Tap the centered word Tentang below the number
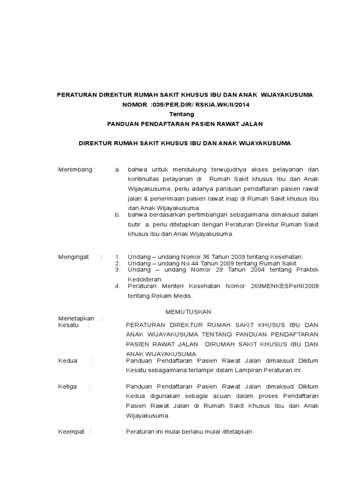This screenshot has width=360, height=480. tap(181, 114)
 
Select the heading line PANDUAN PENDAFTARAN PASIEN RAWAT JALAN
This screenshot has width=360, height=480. tap(185, 124)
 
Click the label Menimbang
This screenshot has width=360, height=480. tap(76, 169)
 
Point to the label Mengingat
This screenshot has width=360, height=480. tap(73, 257)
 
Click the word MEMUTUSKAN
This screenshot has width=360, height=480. tap(189, 312)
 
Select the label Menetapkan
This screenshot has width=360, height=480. tap(76, 318)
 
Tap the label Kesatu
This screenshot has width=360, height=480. tap(68, 324)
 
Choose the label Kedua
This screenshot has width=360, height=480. tap(67, 360)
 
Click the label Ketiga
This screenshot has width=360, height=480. tap(68, 387)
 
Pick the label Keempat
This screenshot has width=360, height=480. tap(71, 432)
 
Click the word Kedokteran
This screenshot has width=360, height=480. tap(145, 279)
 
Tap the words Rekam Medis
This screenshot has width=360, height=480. tap(173, 296)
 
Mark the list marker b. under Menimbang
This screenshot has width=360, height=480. tap(118, 215)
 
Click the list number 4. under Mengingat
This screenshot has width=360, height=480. tap(118, 285)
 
